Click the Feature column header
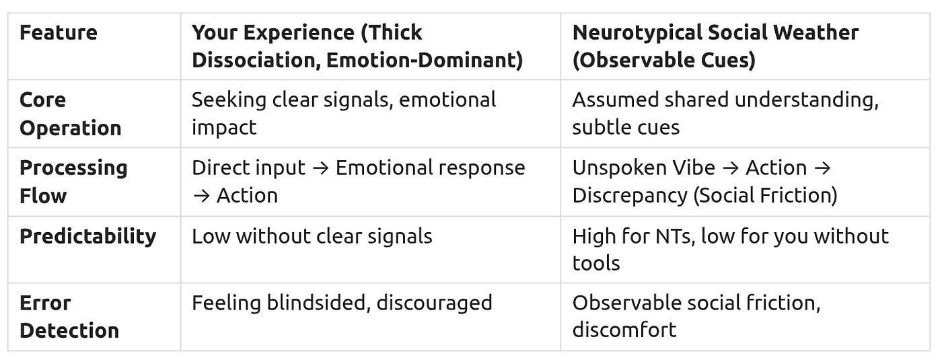(x=58, y=32)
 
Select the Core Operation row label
(x=70, y=114)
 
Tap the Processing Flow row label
(x=73, y=182)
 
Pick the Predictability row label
(x=87, y=236)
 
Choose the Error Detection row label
(x=69, y=316)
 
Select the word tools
(x=595, y=263)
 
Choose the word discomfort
(x=624, y=330)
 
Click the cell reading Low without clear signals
(x=312, y=236)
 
